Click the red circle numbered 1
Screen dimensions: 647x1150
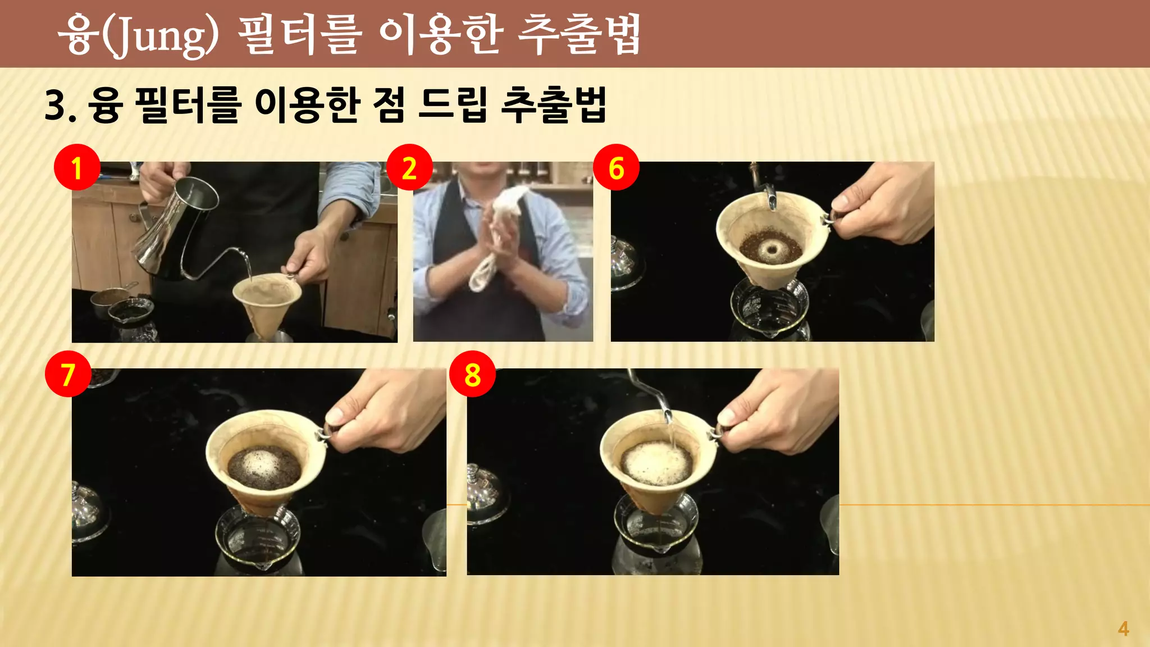pos(77,167)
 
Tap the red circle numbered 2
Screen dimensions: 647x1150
pos(409,167)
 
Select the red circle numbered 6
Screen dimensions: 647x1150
pos(616,167)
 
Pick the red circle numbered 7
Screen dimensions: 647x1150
pos(68,374)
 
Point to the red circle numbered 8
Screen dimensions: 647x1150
pos(472,374)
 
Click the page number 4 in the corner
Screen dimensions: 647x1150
pos(1123,628)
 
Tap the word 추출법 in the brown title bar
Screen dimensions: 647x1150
pos(578,35)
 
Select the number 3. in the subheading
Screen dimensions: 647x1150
pos(60,106)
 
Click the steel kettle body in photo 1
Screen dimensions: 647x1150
pos(168,230)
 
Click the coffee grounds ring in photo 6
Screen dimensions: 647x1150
pos(770,248)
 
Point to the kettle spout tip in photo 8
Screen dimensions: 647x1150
pos(668,418)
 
